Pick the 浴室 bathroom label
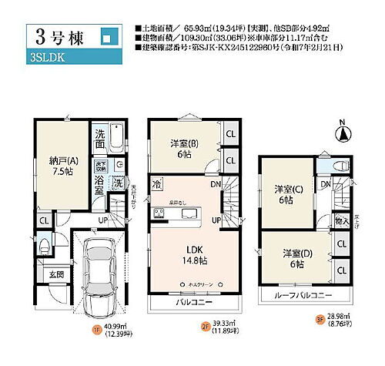[x=100, y=185]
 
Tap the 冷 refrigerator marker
[x=156, y=185]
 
